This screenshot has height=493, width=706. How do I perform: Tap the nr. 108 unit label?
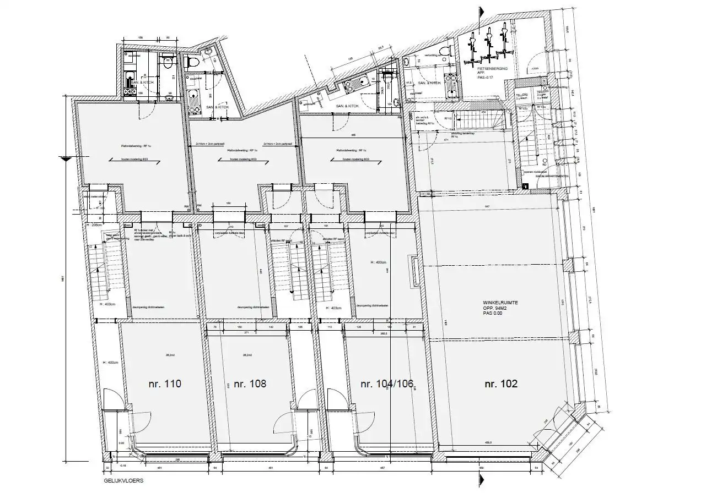(250, 384)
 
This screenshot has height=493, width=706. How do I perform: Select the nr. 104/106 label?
(387, 384)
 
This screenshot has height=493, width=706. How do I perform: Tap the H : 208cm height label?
(94, 226)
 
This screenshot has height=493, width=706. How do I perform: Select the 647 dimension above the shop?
(487, 206)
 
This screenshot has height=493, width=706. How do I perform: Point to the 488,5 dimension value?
(487, 442)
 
